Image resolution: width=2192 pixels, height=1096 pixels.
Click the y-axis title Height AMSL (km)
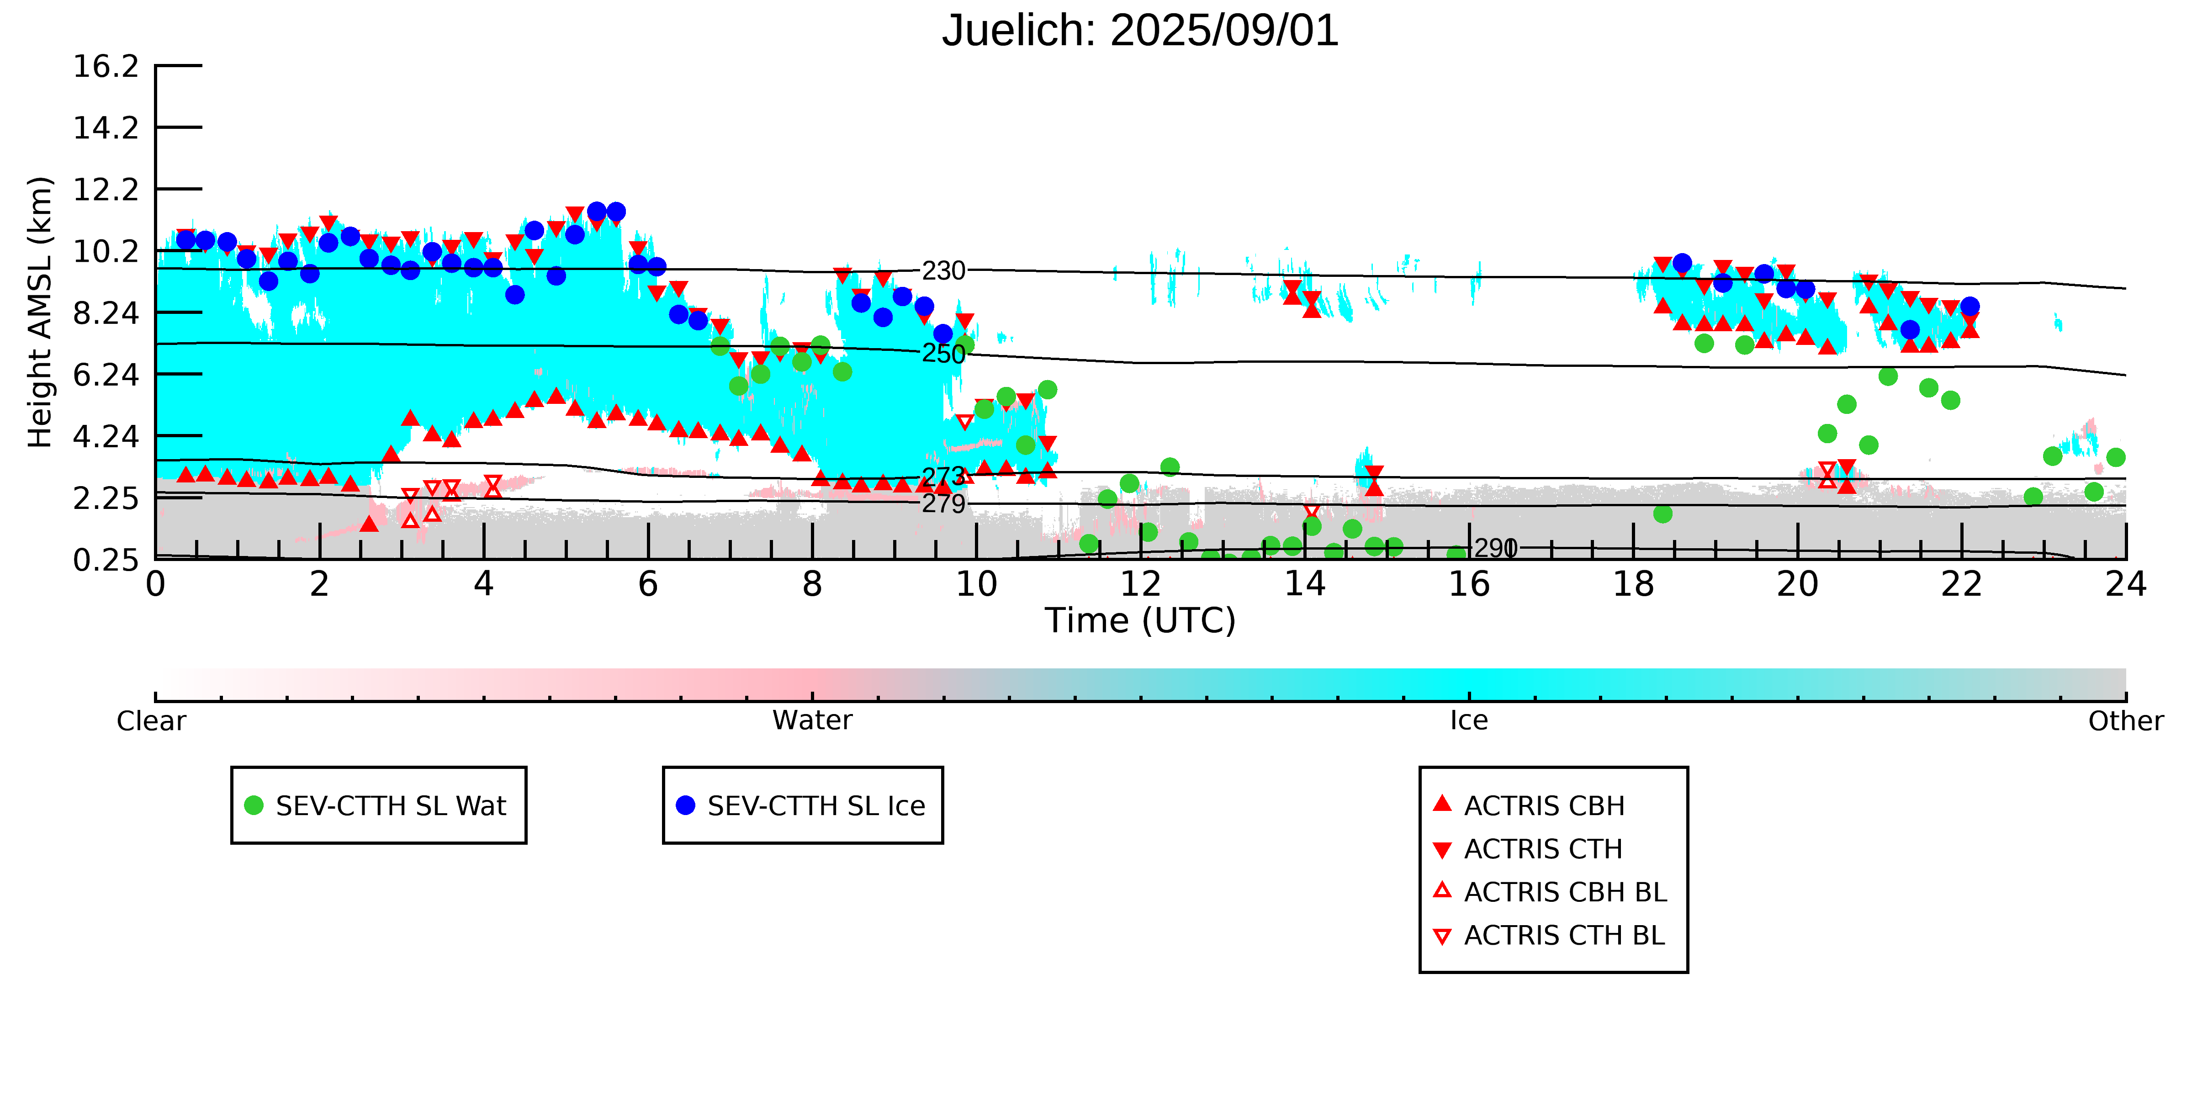tap(40, 312)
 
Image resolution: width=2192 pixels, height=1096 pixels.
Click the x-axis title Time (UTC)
tap(1140, 620)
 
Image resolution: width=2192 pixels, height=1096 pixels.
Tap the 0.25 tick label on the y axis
tap(106, 560)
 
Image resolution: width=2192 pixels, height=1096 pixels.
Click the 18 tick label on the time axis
tap(1633, 585)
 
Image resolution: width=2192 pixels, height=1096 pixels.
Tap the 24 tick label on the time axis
tap(2126, 585)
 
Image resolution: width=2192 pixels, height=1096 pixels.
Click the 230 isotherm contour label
tap(944, 270)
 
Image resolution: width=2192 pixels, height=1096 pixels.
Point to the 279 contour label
tap(944, 504)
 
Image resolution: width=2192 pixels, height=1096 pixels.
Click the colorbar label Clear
tap(152, 721)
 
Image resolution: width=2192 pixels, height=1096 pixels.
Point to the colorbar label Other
tap(2126, 721)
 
